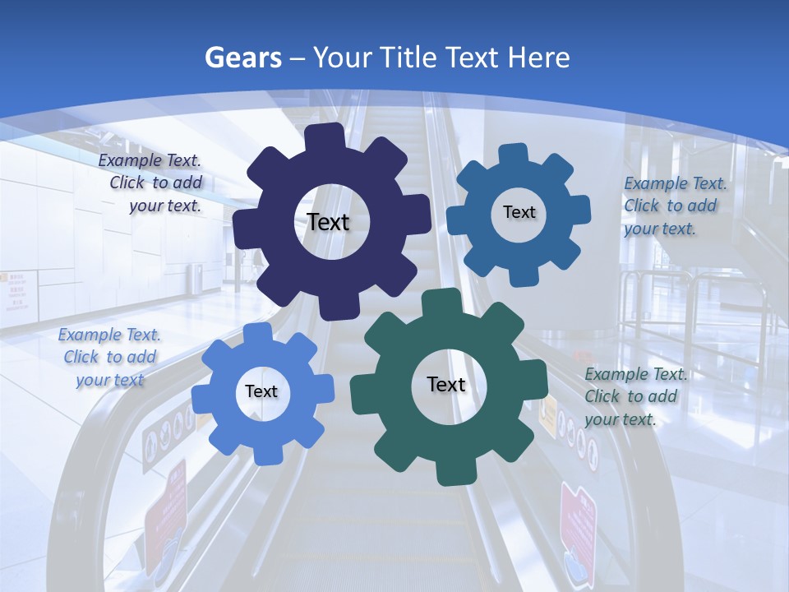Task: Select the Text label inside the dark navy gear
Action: [x=328, y=222]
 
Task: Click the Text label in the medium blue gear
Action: [x=519, y=212]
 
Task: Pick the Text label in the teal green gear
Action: [x=446, y=384]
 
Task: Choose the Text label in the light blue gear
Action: [x=261, y=391]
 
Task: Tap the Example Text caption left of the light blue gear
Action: [x=109, y=357]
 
